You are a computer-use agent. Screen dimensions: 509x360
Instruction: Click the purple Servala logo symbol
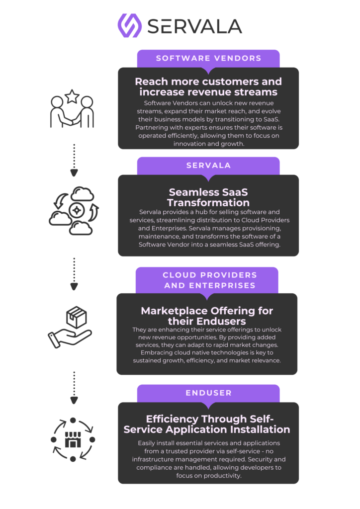(129, 25)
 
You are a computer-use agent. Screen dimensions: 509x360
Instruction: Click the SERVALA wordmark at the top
(194, 26)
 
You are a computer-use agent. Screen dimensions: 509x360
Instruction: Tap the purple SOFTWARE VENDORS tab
(208, 58)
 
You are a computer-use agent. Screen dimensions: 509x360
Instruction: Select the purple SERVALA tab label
(208, 166)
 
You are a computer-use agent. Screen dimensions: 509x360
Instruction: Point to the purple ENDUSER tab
(208, 393)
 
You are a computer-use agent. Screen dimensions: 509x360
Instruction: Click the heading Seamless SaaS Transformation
(208, 197)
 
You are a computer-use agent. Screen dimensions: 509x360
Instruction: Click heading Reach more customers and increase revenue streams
(208, 86)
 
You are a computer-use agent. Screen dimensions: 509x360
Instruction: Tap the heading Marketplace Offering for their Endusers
(207, 315)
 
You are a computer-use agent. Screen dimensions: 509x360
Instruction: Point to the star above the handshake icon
(72, 96)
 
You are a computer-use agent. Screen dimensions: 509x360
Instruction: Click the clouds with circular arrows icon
(74, 210)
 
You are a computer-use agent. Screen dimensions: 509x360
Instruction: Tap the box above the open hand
(76, 316)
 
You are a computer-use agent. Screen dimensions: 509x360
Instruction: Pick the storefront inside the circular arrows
(73, 439)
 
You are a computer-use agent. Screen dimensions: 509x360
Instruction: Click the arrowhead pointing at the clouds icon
(74, 173)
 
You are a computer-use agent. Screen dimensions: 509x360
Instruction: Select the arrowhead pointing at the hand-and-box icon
(74, 286)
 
